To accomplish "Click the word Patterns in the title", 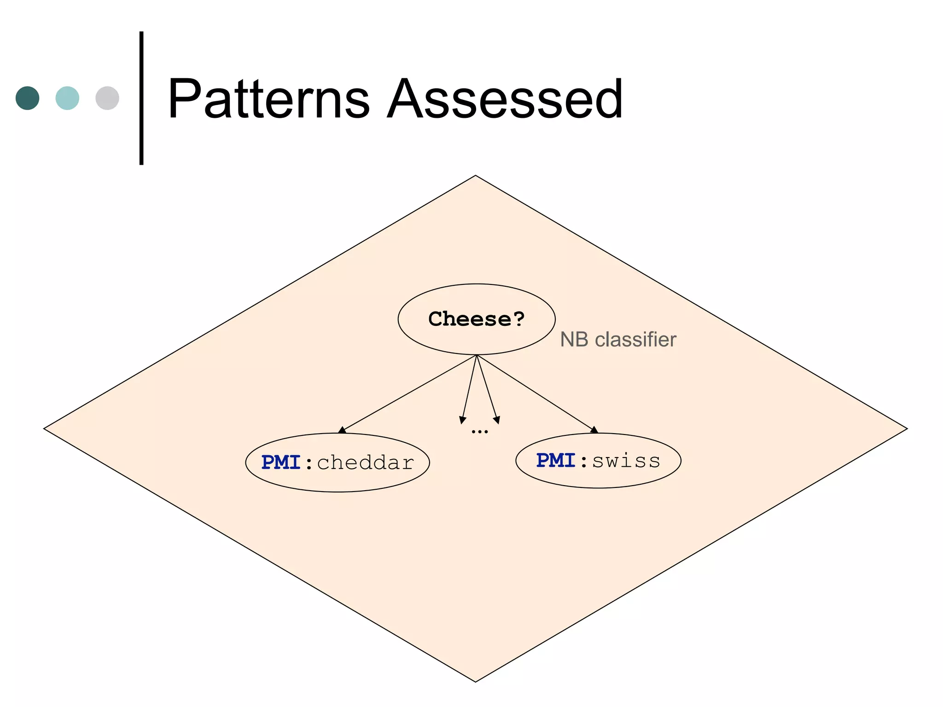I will click(x=268, y=99).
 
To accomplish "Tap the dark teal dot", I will click(x=28, y=98).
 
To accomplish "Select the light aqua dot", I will click(x=67, y=98).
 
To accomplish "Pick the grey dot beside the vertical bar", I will click(x=107, y=98).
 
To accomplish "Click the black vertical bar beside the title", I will click(x=141, y=98).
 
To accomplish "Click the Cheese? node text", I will click(x=477, y=319).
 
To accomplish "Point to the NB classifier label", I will click(x=618, y=340).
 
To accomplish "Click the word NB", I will click(x=574, y=340).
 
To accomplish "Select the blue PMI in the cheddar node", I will click(x=281, y=463).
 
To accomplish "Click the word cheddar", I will click(x=366, y=463).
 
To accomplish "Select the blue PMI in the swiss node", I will click(x=556, y=460).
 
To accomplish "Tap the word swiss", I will click(x=626, y=460).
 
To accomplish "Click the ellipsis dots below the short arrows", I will click(x=480, y=432).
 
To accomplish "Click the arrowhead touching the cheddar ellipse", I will click(x=342, y=430).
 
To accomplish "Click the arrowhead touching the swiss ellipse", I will click(x=594, y=430).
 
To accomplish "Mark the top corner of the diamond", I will click(x=476, y=176).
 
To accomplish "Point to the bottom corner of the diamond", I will click(x=476, y=681).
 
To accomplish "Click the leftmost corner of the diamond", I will click(x=45, y=429).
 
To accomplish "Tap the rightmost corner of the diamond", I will click(x=906, y=429).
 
